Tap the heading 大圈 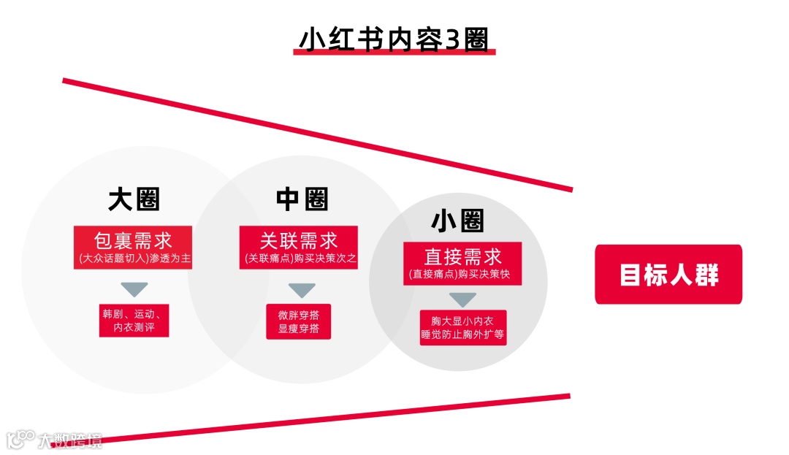(x=134, y=199)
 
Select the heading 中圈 (x=302, y=199)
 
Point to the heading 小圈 (x=458, y=220)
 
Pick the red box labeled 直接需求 (x=462, y=257)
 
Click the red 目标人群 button (x=668, y=275)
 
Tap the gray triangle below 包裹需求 (x=134, y=288)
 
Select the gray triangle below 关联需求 (x=301, y=290)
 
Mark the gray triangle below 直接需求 (x=462, y=299)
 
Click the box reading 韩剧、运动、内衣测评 (x=134, y=321)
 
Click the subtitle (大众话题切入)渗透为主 (x=133, y=259)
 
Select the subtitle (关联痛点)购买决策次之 (x=299, y=259)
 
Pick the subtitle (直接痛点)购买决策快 (x=462, y=275)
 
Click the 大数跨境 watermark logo (x=55, y=439)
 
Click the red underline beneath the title (x=394, y=53)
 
